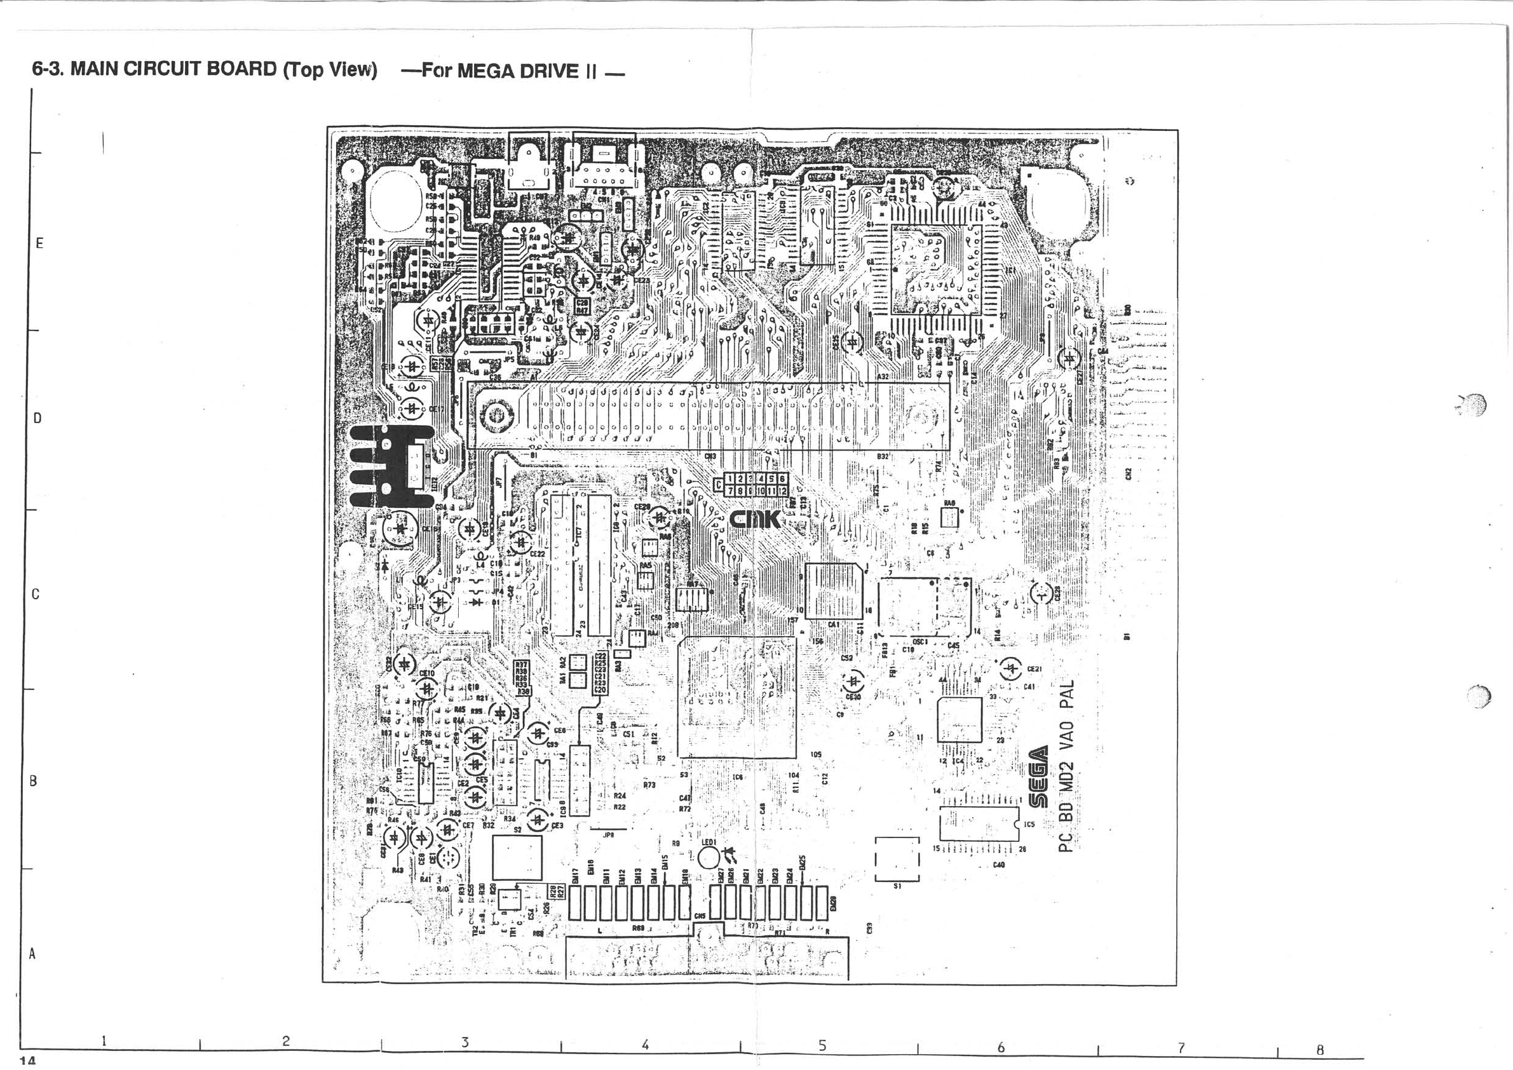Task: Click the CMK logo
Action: pos(755,519)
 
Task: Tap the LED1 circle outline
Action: pos(709,858)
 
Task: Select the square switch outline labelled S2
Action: pos(517,857)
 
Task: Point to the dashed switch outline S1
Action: pos(896,859)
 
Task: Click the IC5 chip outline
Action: pos(979,823)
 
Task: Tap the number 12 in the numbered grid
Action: pos(782,491)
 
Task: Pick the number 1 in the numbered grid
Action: pos(729,479)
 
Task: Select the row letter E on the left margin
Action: pos(39,243)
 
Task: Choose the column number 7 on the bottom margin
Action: pos(1181,1046)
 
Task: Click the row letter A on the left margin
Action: pos(31,953)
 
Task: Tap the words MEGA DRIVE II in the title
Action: pos(526,71)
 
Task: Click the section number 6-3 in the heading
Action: pos(48,69)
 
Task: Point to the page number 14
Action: pos(27,1060)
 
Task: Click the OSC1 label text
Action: pos(920,640)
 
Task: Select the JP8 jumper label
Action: pos(608,835)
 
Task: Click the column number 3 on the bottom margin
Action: pos(465,1042)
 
